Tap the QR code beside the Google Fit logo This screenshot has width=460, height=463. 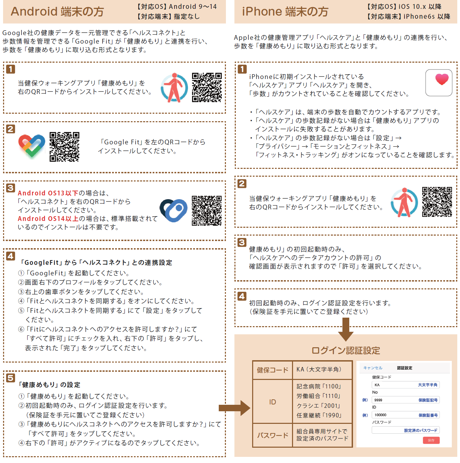click(x=64, y=147)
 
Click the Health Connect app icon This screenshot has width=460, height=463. click(x=173, y=210)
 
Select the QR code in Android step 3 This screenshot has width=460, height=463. click(x=207, y=211)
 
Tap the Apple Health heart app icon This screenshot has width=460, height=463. click(x=439, y=83)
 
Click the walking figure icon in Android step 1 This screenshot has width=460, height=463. click(x=174, y=88)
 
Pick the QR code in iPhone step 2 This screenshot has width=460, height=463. click(x=437, y=202)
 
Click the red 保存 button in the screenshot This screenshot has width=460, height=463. click(x=431, y=440)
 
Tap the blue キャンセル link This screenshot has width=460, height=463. click(x=373, y=368)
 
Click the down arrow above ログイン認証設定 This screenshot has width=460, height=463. click(x=346, y=330)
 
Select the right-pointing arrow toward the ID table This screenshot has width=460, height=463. click(x=234, y=408)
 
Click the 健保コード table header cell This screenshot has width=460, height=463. click(x=272, y=370)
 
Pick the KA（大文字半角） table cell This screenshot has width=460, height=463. click(x=322, y=370)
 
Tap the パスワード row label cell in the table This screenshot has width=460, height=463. click(x=272, y=435)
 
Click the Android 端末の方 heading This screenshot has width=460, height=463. click(x=57, y=12)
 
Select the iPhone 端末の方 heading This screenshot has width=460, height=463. click(x=285, y=12)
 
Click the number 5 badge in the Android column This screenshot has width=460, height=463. click(x=11, y=378)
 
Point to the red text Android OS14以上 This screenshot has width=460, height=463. click(x=48, y=219)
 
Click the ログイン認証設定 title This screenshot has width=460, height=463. click(x=346, y=351)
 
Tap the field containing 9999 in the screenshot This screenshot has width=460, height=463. click(x=405, y=400)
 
